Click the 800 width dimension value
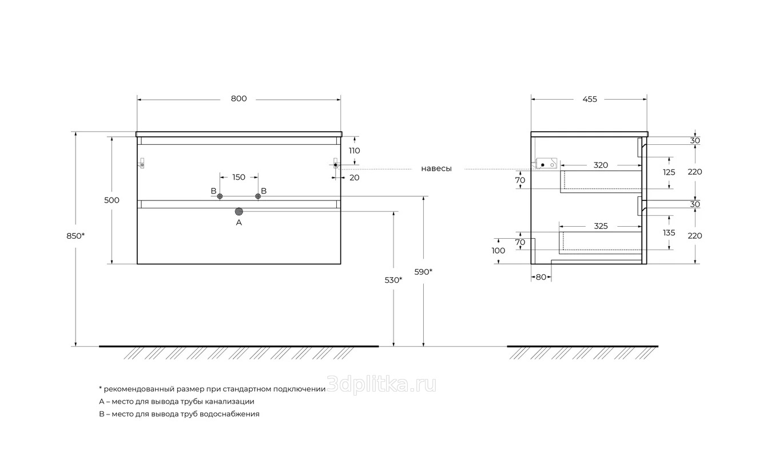click(x=239, y=98)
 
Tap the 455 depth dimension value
click(x=590, y=99)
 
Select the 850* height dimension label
click(x=75, y=236)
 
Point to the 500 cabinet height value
click(x=112, y=200)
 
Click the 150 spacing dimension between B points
click(x=239, y=177)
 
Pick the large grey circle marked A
click(x=239, y=212)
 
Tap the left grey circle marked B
click(x=220, y=196)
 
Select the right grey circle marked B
click(x=258, y=196)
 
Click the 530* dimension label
click(x=394, y=280)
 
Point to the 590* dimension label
click(x=423, y=272)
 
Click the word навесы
click(x=436, y=168)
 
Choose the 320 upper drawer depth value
click(x=601, y=165)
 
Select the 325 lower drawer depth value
click(x=601, y=226)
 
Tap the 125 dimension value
click(x=669, y=172)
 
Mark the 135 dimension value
click(x=669, y=232)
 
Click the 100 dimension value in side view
click(x=498, y=251)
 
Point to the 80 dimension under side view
click(x=541, y=277)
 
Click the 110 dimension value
click(x=354, y=151)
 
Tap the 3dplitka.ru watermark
click(x=381, y=385)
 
